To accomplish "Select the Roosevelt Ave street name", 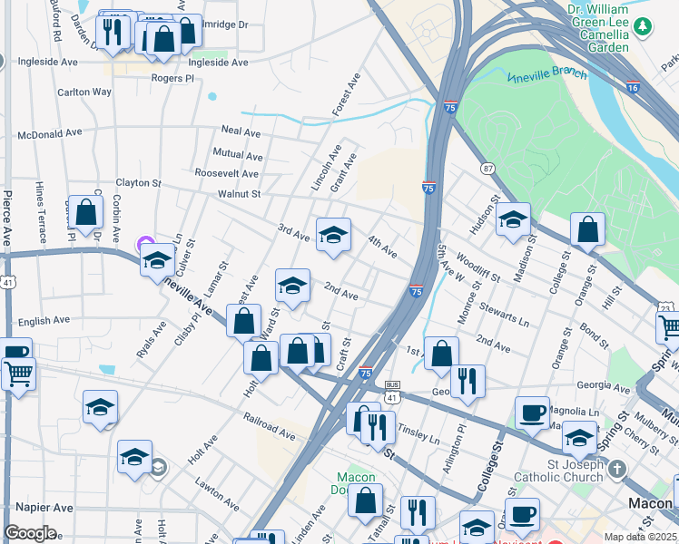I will (x=226, y=173).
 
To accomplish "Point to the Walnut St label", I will (x=239, y=193).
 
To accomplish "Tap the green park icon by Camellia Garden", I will (x=643, y=26).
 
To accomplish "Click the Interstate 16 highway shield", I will (x=633, y=87).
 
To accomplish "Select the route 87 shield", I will (x=488, y=169).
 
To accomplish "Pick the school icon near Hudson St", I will (x=513, y=219).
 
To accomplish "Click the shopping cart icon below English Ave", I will (x=18, y=373).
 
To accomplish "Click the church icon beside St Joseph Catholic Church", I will (x=617, y=469).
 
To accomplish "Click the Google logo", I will (x=30, y=533).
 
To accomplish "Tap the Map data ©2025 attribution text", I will (x=640, y=537).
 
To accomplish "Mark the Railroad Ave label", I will (x=270, y=427).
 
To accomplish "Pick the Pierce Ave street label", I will (x=6, y=219).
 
